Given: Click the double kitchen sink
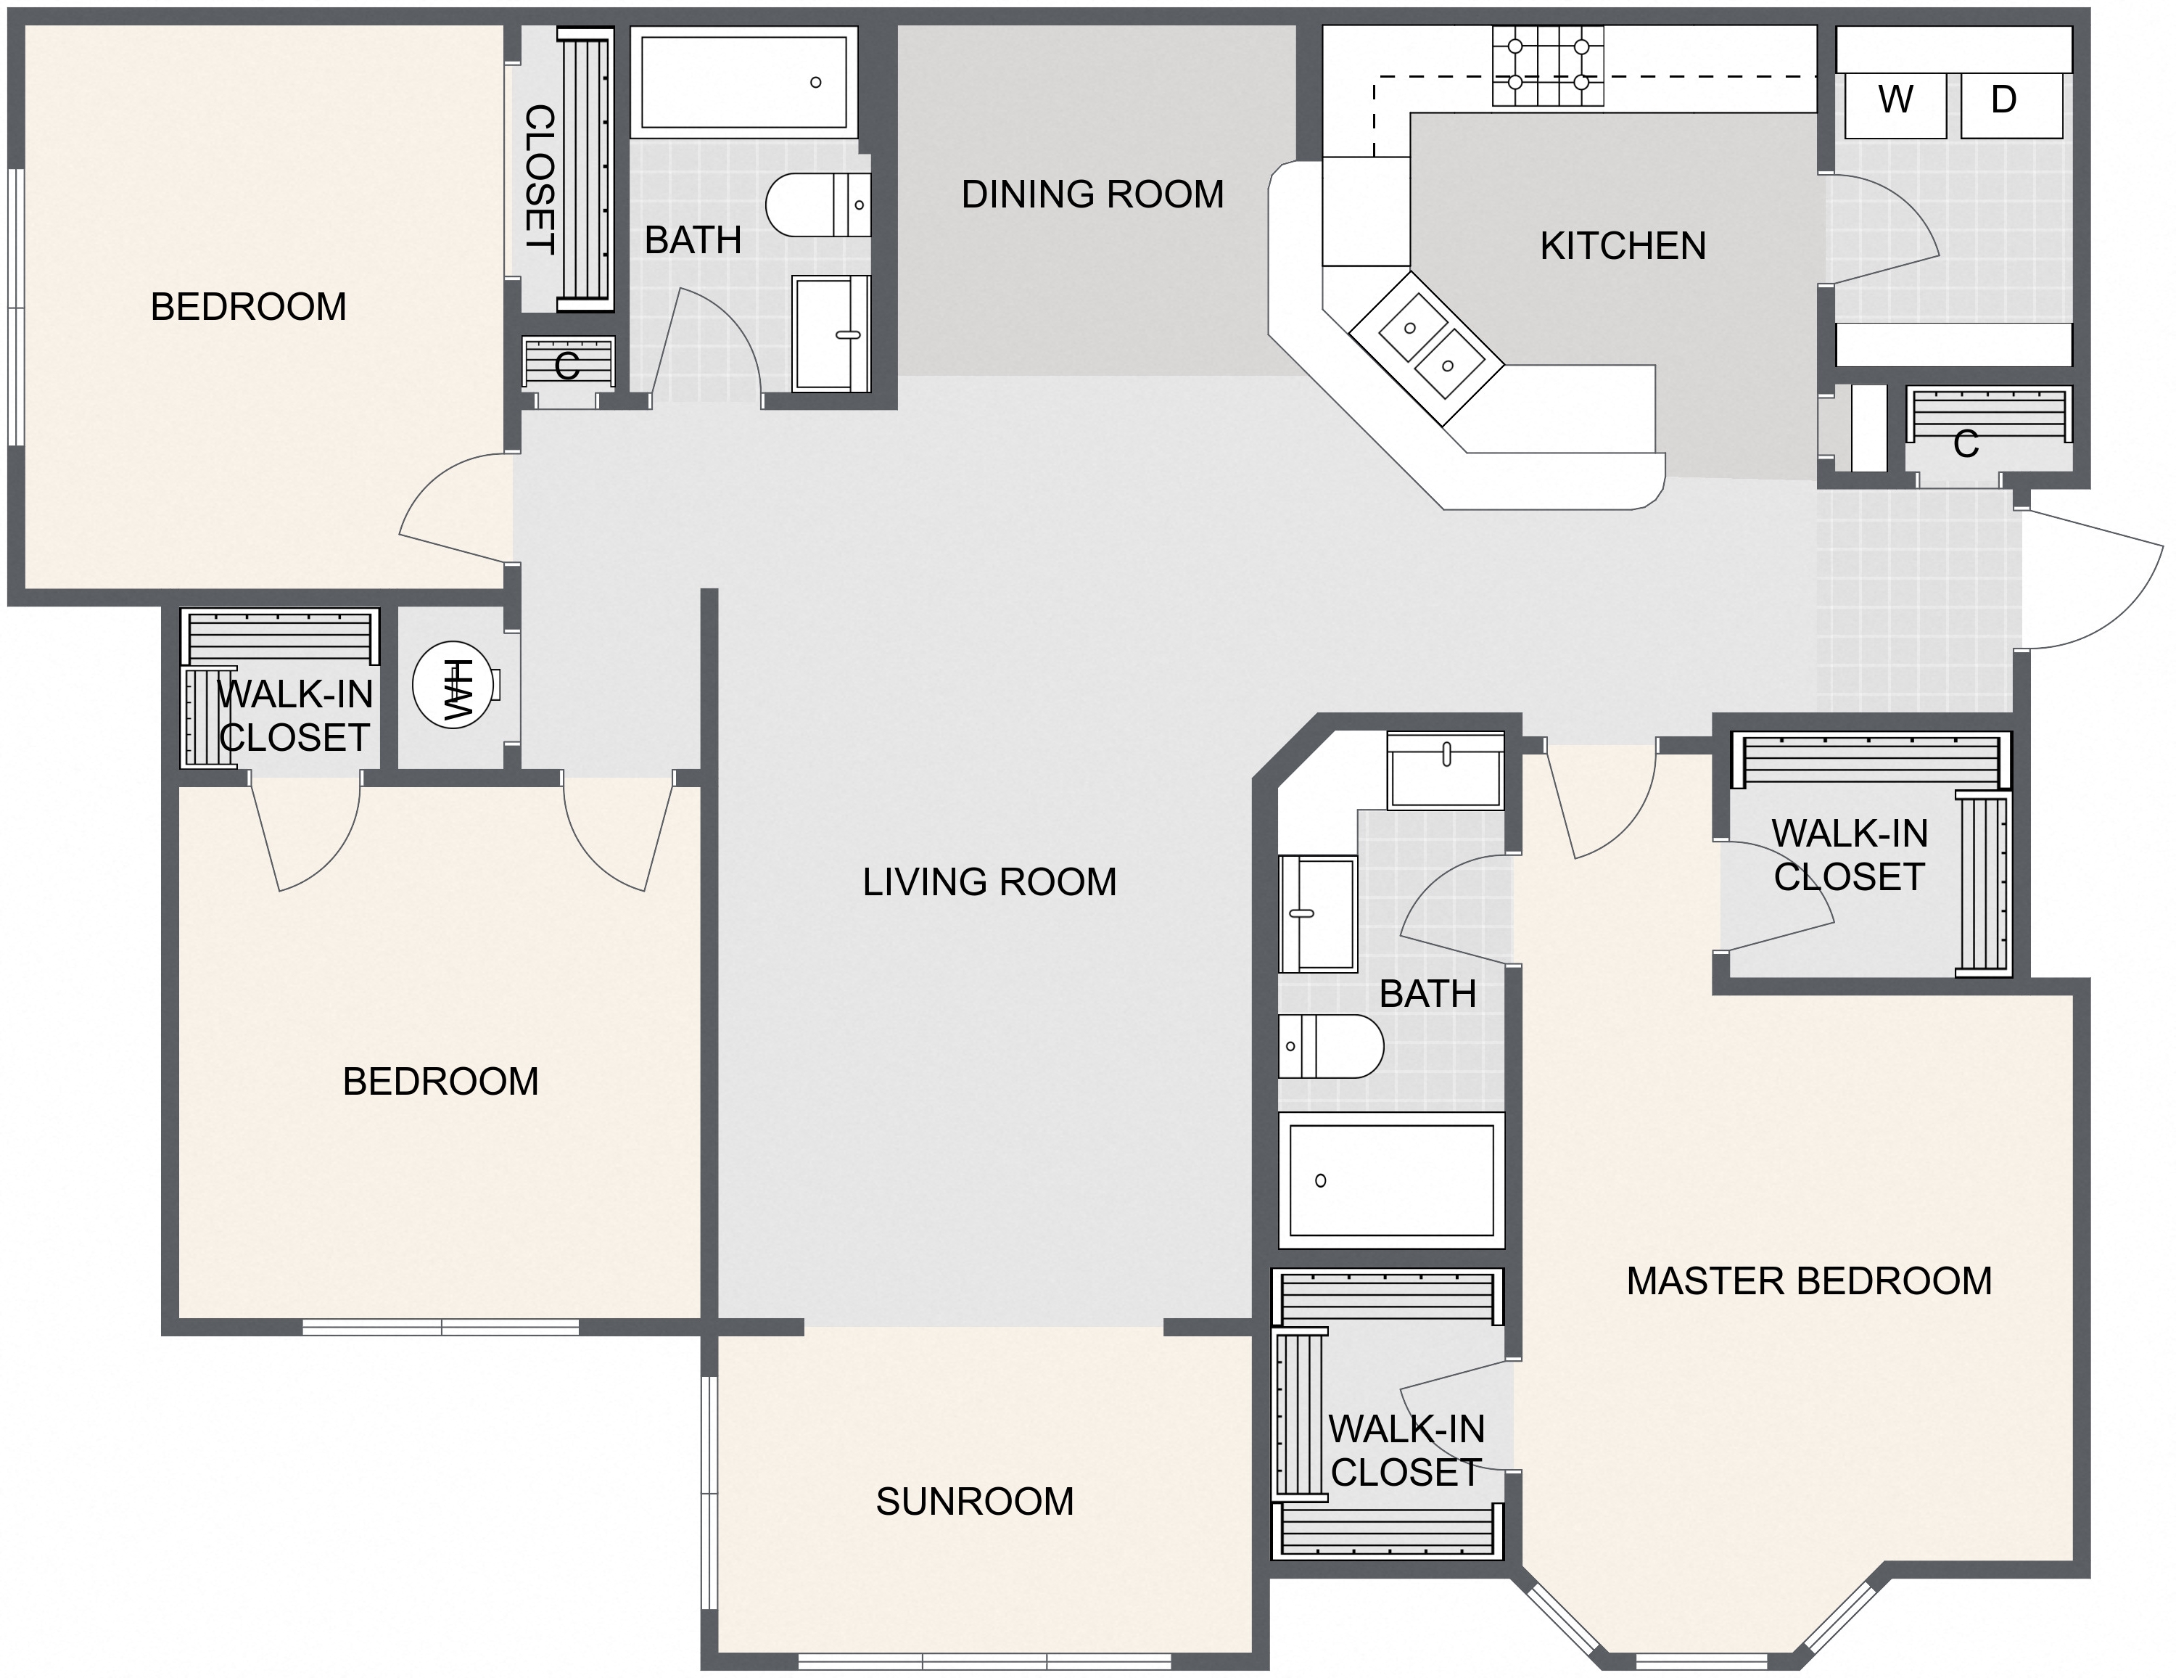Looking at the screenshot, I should pos(1427,346).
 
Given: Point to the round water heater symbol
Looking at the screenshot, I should pos(453,685).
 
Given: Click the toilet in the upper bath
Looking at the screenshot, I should pos(815,205).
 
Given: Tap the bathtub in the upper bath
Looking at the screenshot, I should pos(743,82).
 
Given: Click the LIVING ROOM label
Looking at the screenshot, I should pos(989,882).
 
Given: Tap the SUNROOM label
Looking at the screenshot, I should pos(974,1502).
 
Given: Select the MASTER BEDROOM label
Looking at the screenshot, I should pos(1808,1280).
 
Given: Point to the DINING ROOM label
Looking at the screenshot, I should pos(1092,194).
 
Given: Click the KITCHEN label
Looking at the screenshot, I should pos(1622,246).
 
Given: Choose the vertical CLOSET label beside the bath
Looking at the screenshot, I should pos(539,179).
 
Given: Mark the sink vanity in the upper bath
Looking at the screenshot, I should pos(830,334).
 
